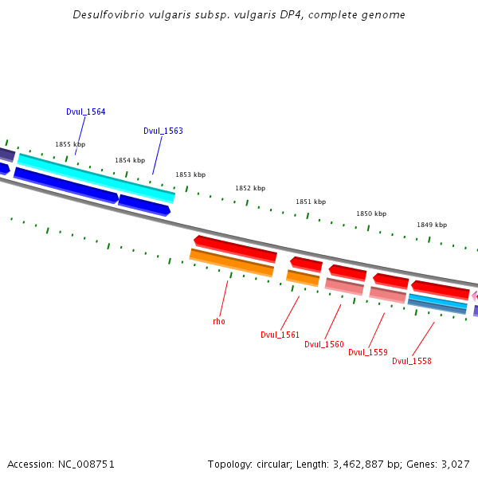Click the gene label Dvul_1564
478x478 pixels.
tap(85, 112)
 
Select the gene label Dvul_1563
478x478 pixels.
tap(163, 131)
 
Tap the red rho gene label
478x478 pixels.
tap(219, 322)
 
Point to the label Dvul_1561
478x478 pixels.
tap(280, 335)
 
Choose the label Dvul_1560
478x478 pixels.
tap(324, 344)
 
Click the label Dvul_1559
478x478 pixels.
tap(368, 352)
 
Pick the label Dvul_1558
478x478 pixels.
tap(412, 361)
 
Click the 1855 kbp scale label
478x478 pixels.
tap(70, 144)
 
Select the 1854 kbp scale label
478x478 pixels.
tap(130, 160)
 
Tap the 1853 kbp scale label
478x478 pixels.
tap(190, 174)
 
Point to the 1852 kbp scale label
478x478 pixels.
tap(250, 188)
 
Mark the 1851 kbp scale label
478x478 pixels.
tap(311, 202)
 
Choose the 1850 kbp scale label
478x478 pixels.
tap(371, 214)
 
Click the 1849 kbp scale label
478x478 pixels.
tap(432, 225)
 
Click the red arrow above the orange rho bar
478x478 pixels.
tap(236, 248)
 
